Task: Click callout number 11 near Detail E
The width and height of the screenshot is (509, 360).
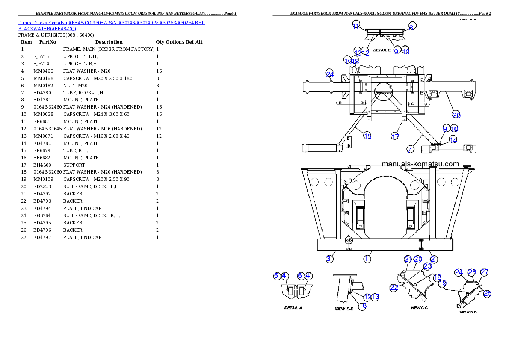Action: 356,26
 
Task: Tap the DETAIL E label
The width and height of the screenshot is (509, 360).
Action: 382,50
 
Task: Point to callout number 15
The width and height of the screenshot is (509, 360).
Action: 367,136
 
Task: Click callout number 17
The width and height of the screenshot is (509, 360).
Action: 395,136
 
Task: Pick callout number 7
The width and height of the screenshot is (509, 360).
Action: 410,149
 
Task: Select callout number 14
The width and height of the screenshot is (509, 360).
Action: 453,139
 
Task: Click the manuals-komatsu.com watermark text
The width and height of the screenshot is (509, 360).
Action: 420,164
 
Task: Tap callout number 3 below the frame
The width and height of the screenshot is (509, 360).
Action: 329,259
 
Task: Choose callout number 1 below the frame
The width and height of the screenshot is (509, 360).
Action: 367,259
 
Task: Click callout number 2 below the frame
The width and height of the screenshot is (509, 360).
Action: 433,259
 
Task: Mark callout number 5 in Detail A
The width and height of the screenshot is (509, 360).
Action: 277,276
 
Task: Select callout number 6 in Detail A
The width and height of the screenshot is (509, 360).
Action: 300,276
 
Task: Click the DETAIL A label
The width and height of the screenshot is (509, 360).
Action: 293,307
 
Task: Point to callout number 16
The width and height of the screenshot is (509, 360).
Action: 362,306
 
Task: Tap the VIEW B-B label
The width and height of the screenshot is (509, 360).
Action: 344,308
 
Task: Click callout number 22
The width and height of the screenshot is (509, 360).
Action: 394,288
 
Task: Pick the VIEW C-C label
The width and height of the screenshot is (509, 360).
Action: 419,307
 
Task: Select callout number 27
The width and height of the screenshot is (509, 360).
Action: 484,272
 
